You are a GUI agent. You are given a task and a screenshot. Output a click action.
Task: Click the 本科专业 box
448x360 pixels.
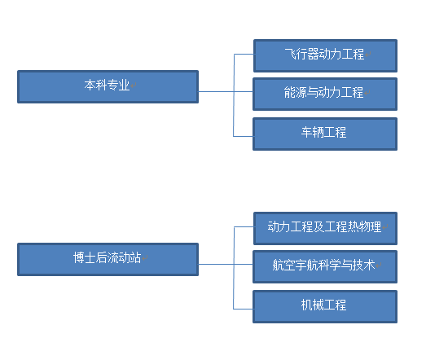pyautogui.click(x=108, y=86)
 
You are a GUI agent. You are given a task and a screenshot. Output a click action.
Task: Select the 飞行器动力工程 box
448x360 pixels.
pyautogui.click(x=325, y=55)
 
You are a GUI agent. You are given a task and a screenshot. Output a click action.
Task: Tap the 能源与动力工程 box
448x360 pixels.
pyautogui.click(x=325, y=94)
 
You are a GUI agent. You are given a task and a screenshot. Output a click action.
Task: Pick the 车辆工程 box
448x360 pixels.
pyautogui.click(x=325, y=134)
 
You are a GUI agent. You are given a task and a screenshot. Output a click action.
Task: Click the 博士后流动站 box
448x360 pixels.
pyautogui.click(x=108, y=260)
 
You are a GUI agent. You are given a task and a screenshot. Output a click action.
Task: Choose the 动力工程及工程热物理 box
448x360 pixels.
pyautogui.click(x=325, y=228)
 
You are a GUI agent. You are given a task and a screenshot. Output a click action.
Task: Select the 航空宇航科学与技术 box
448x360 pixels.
pyautogui.click(x=325, y=266)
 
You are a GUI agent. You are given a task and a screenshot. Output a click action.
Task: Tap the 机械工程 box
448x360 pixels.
pyautogui.click(x=325, y=306)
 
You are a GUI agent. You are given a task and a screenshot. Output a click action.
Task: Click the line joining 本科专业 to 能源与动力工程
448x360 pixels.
pyautogui.click(x=226, y=91)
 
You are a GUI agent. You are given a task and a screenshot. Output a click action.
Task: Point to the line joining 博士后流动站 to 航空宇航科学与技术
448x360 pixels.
pyautogui.click(x=226, y=264)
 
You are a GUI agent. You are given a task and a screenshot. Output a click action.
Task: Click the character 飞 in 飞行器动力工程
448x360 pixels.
pyautogui.click(x=290, y=54)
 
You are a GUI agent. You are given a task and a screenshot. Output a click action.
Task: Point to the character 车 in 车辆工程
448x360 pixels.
pyautogui.click(x=306, y=132)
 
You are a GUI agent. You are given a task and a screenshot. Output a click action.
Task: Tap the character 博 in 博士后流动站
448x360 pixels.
pyautogui.click(x=78, y=257)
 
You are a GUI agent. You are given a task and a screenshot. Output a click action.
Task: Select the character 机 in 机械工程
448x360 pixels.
pyautogui.click(x=306, y=305)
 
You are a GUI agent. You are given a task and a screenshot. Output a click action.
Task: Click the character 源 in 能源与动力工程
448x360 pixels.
pyautogui.click(x=301, y=92)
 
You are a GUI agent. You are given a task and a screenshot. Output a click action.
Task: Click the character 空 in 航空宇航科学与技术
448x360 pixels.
pyautogui.click(x=289, y=265)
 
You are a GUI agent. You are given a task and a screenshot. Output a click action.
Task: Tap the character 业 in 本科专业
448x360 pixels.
pyautogui.click(x=125, y=85)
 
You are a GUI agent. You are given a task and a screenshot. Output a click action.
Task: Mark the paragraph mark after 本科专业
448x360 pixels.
pyautogui.click(x=134, y=85)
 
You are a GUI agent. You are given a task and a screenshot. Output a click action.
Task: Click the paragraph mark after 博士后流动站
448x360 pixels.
pyautogui.click(x=144, y=257)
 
